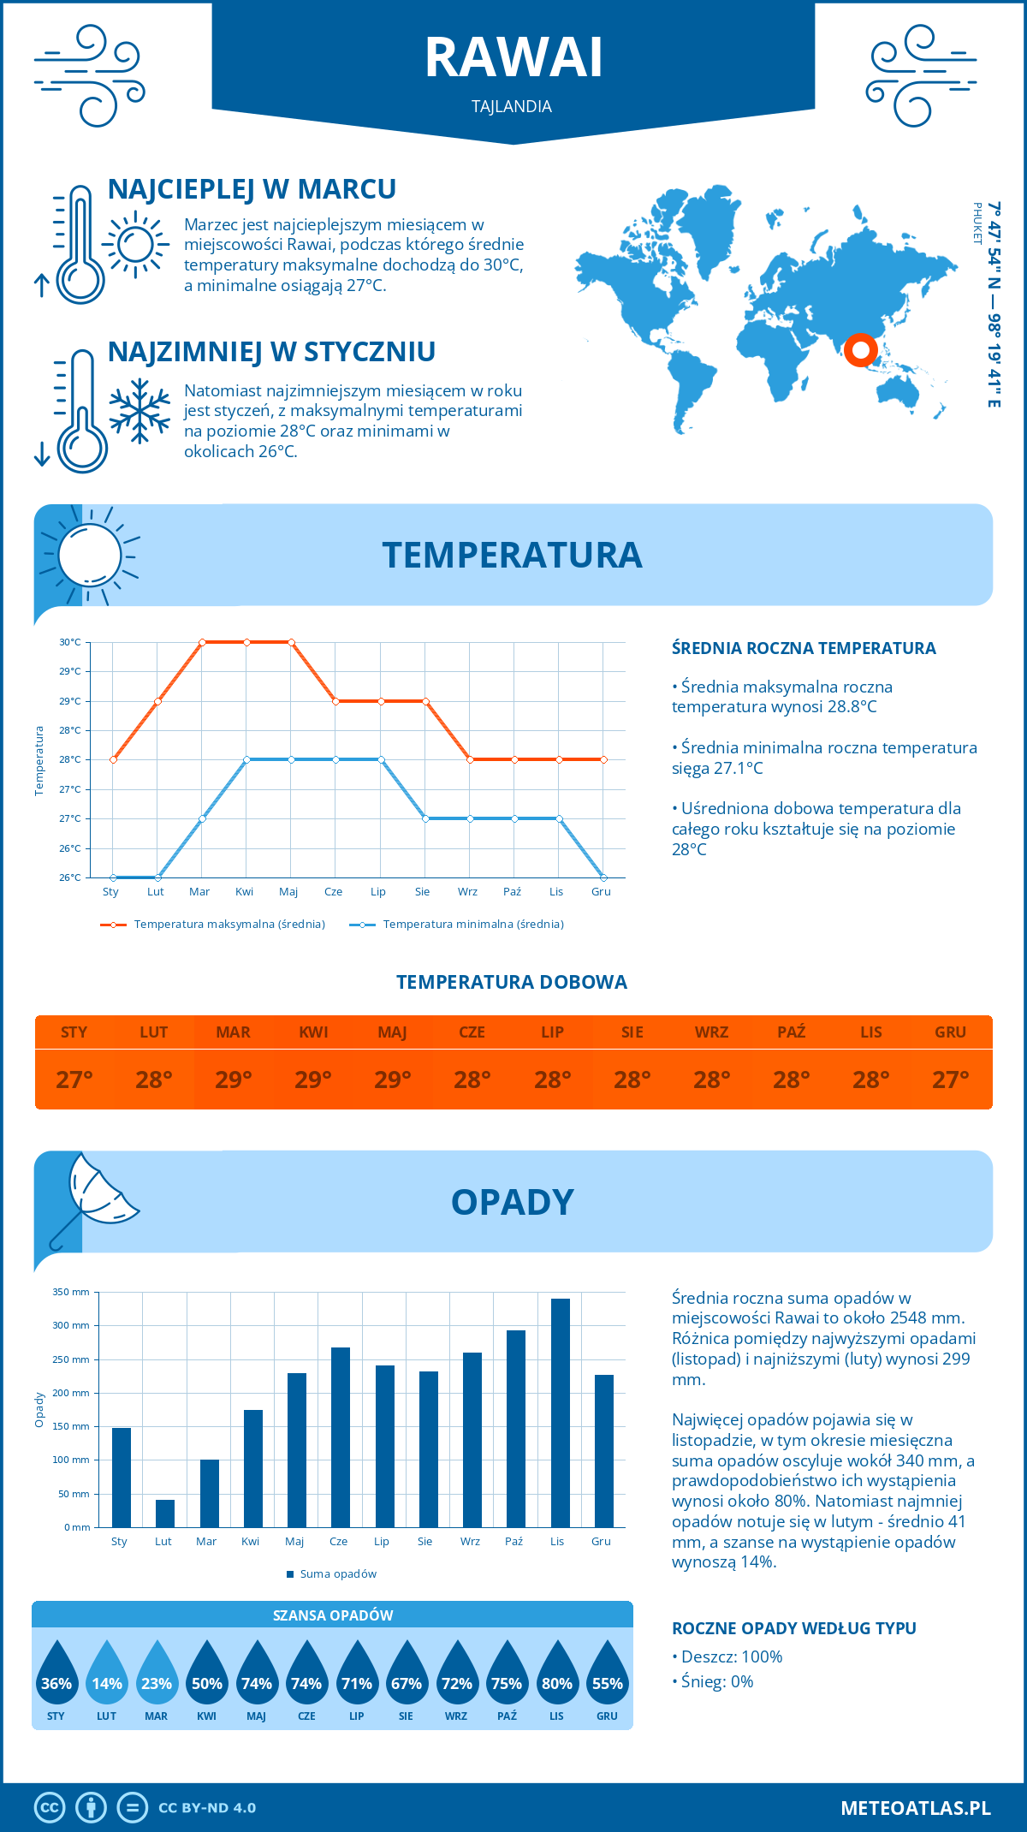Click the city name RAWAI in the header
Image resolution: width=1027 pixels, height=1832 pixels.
(513, 58)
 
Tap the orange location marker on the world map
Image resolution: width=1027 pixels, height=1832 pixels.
(860, 350)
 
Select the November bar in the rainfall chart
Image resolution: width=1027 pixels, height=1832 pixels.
(560, 1413)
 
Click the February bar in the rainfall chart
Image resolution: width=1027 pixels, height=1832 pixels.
(165, 1513)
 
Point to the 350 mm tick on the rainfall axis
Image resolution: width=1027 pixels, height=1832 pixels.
(71, 1292)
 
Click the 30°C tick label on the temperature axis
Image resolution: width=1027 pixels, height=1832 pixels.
(70, 642)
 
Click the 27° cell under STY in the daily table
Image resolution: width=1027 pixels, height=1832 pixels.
(74, 1080)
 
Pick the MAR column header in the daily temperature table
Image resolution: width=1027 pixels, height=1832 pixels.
(234, 1032)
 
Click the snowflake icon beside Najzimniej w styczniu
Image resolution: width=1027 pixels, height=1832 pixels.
(140, 411)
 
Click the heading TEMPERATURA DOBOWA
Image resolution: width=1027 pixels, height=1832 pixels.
(512, 983)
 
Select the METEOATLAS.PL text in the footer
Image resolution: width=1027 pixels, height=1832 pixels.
(916, 1808)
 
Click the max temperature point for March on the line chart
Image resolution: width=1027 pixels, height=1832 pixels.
(202, 642)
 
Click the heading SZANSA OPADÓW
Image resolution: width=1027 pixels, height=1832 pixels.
(333, 1615)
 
